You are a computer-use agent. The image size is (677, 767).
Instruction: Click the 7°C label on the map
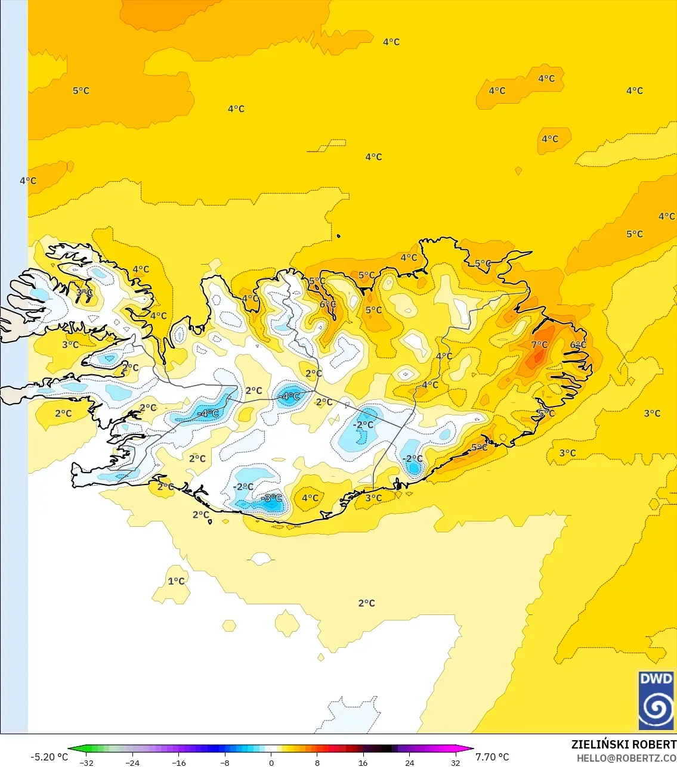pos(539,344)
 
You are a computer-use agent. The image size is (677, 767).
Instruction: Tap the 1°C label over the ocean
pos(176,581)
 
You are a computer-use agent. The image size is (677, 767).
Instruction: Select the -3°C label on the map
pos(272,498)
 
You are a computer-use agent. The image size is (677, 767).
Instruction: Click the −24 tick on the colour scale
pos(132,763)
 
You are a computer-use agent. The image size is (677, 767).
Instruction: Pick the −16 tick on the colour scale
pos(178,763)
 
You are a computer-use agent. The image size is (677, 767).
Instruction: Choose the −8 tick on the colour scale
pos(225,763)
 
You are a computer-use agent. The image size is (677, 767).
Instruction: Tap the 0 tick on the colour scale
pos(271,763)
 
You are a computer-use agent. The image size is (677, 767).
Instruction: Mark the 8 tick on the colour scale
pos(317,763)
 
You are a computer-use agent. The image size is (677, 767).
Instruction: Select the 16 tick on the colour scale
pos(363,763)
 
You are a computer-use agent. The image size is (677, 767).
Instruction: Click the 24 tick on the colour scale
pos(409,763)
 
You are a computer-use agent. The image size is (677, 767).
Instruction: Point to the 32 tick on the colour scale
pos(456,763)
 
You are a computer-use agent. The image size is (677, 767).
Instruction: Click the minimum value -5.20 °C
pos(50,757)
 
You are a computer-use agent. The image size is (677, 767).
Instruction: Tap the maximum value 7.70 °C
pos(492,757)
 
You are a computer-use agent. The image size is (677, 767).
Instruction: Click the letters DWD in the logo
pos(656,679)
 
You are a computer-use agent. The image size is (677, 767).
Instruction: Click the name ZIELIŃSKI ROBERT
pos(623,744)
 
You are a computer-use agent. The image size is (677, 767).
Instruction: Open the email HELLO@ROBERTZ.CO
pos(626,758)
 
